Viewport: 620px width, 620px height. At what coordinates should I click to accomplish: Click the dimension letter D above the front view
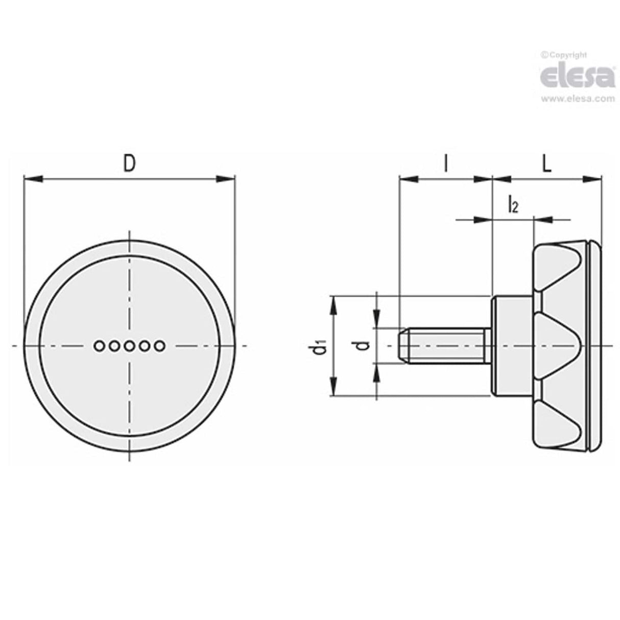tap(130, 164)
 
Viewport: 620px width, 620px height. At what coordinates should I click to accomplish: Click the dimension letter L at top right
tap(546, 164)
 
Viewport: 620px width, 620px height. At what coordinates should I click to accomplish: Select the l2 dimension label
tap(513, 206)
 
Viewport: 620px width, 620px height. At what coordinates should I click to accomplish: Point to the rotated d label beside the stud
tap(363, 346)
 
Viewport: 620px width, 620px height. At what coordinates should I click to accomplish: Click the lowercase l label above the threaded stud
tap(446, 164)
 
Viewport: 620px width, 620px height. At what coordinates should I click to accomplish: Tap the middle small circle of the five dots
tap(129, 346)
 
